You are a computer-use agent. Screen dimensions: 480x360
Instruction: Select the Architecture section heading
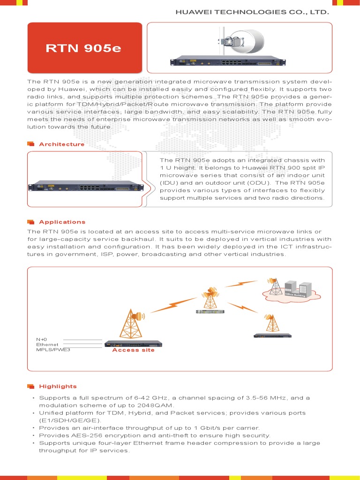pyautogui.click(x=61, y=144)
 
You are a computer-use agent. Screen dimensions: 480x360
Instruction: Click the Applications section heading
pyautogui.click(x=62, y=222)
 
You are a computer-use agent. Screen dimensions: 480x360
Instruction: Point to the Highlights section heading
pyautogui.click(x=58, y=387)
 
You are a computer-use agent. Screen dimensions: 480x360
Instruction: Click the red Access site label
pyautogui.click(x=133, y=350)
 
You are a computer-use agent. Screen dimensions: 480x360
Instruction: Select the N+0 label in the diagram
pyautogui.click(x=42, y=339)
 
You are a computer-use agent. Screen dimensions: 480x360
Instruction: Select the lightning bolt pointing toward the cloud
pyautogui.click(x=241, y=284)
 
